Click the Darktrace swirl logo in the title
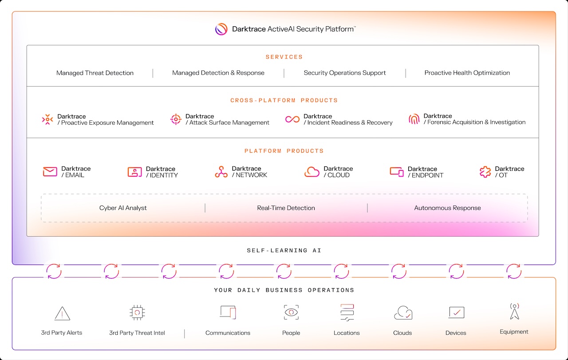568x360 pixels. (x=221, y=29)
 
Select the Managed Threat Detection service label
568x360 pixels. (x=95, y=73)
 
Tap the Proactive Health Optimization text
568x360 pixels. (x=467, y=73)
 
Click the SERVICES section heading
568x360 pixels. (x=284, y=57)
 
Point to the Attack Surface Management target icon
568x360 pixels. (x=176, y=119)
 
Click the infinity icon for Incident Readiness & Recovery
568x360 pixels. (x=292, y=119)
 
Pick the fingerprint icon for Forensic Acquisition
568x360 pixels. (x=414, y=119)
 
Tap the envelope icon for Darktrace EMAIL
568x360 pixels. (x=50, y=172)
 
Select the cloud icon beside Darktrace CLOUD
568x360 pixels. (x=312, y=172)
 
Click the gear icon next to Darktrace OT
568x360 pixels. (x=485, y=172)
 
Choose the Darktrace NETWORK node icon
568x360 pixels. (x=221, y=172)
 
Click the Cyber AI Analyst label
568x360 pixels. (x=123, y=208)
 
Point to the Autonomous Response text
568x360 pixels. (x=448, y=208)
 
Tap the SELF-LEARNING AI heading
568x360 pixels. (x=284, y=250)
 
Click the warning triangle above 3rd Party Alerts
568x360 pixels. (x=62, y=313)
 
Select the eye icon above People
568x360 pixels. (x=291, y=313)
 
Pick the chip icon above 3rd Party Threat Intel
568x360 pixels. (x=137, y=313)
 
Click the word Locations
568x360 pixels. (x=347, y=333)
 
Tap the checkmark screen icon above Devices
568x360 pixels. (x=457, y=313)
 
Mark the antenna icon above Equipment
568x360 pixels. (x=514, y=311)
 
